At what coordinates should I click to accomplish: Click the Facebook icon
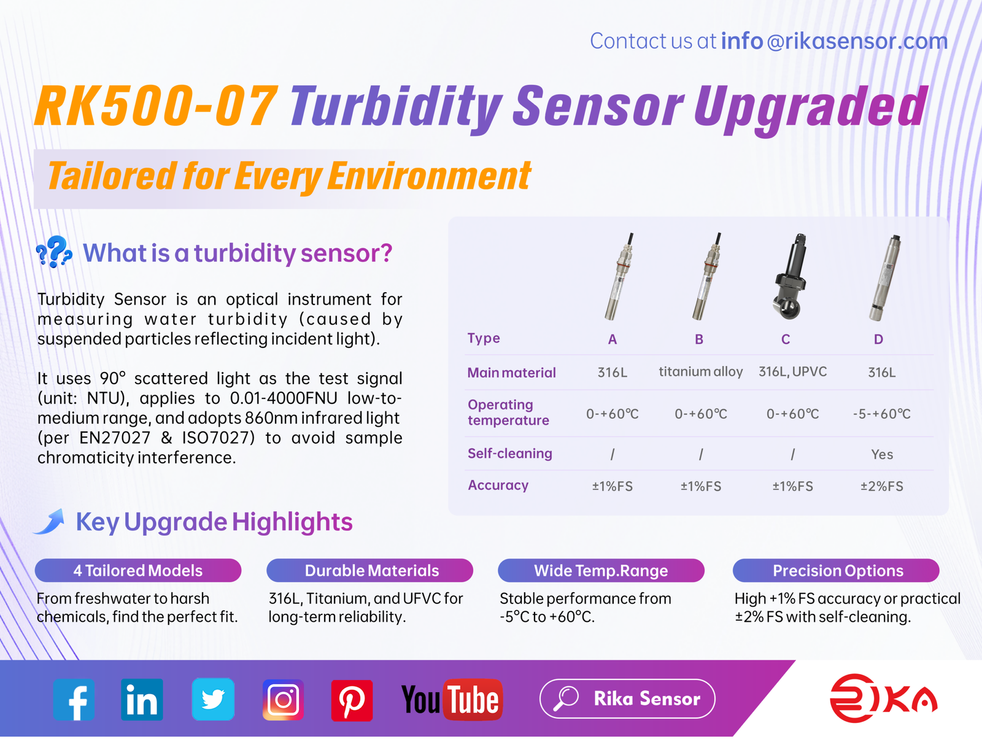(x=74, y=700)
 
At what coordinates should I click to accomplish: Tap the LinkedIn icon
(x=142, y=700)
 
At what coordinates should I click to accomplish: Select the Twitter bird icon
(x=213, y=699)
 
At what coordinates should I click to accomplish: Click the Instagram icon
(x=283, y=700)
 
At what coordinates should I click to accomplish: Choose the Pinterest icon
(x=352, y=700)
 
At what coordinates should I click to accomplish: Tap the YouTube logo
(x=452, y=700)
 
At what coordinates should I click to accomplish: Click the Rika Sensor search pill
(x=627, y=698)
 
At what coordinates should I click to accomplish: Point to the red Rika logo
(x=884, y=698)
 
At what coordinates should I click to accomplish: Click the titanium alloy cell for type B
(x=701, y=372)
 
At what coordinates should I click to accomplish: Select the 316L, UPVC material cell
(x=793, y=372)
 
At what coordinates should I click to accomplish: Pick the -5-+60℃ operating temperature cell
(x=882, y=414)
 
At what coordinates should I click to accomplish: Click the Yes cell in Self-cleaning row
(x=882, y=454)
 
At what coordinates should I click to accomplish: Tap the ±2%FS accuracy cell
(x=882, y=486)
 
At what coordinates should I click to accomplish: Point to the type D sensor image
(x=886, y=278)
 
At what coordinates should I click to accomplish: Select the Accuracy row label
(x=498, y=486)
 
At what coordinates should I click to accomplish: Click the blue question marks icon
(x=53, y=252)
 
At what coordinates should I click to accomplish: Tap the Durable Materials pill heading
(x=370, y=570)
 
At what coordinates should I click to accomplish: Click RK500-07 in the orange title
(x=157, y=106)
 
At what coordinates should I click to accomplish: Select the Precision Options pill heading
(x=836, y=570)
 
